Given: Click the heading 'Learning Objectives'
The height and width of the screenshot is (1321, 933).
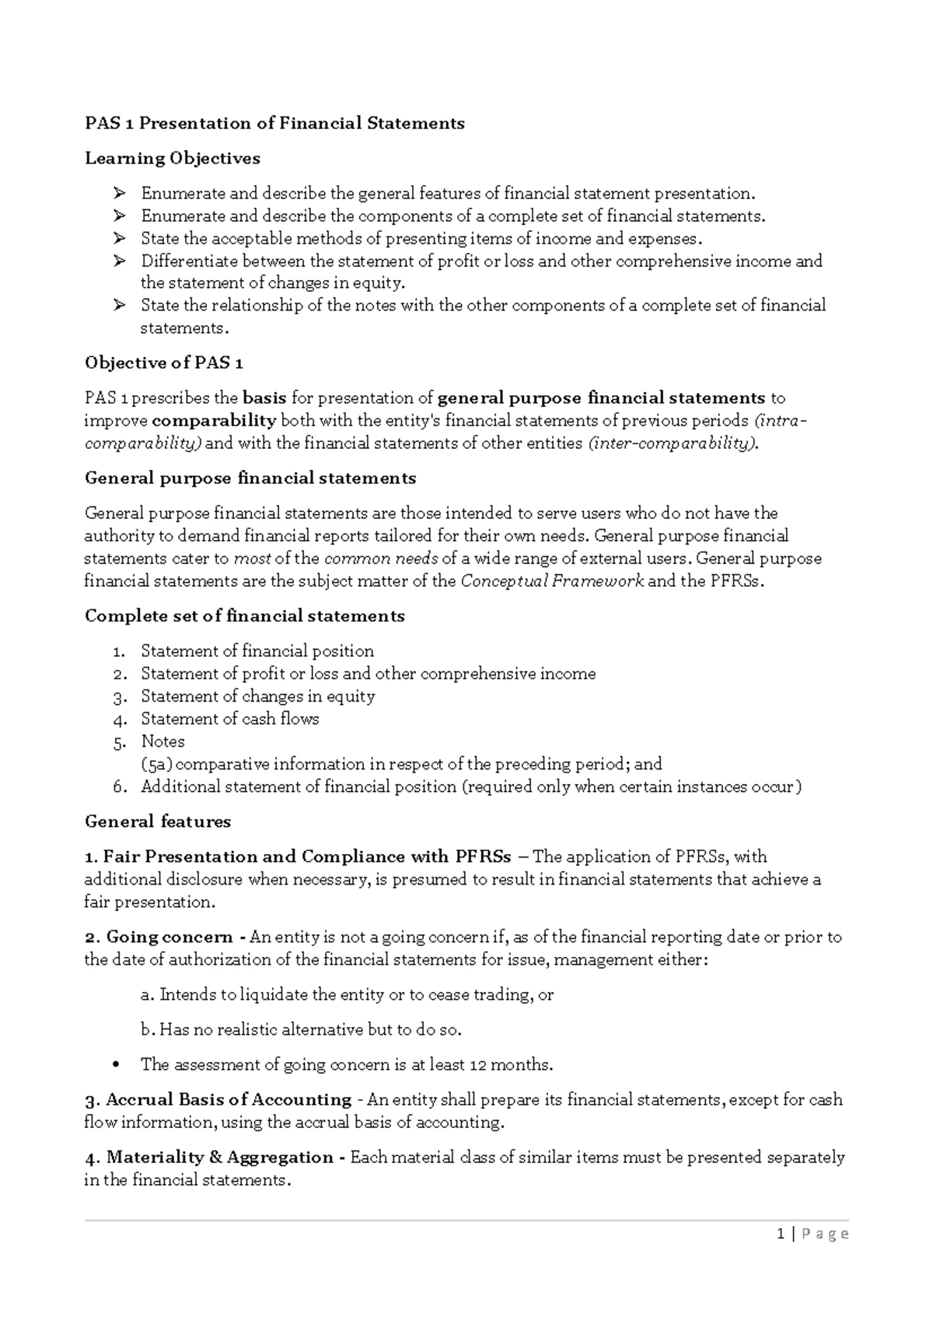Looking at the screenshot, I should point(172,159).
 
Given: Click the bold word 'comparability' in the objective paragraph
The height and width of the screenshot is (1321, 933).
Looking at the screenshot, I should point(214,421).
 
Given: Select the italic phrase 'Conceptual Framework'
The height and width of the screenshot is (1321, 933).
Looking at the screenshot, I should point(552,581).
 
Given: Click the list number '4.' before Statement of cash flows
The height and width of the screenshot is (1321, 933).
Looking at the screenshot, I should point(119,720).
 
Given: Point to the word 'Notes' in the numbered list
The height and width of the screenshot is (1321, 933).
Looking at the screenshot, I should point(162,741).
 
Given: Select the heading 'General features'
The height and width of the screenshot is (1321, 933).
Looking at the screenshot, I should point(157,822).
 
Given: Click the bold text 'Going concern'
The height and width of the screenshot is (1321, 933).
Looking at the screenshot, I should point(169,937).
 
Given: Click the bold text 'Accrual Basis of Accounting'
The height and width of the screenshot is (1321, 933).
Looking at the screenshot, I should point(229,1100).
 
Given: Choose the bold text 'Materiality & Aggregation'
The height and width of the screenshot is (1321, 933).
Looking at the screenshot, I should point(220,1158).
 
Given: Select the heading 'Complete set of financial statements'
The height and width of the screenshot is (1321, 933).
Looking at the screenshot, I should point(244,616).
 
